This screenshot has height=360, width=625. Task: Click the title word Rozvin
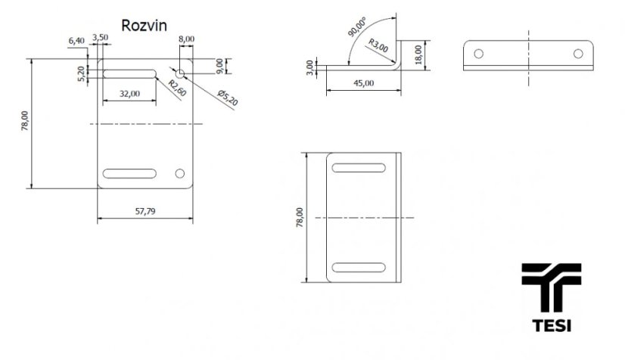click(144, 26)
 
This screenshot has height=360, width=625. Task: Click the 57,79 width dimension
click(145, 212)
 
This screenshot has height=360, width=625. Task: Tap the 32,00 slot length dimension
click(130, 94)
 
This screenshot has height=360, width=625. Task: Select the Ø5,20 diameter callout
click(228, 98)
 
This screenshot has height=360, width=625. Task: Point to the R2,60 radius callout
click(177, 88)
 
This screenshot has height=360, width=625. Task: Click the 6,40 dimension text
click(76, 41)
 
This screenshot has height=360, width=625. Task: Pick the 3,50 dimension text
click(100, 37)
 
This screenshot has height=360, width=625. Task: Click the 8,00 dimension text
click(186, 39)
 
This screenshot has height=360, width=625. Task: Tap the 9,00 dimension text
click(219, 66)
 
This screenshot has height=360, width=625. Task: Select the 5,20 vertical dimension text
click(81, 74)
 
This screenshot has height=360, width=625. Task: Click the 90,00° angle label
click(356, 27)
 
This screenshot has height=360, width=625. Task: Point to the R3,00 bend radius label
click(378, 45)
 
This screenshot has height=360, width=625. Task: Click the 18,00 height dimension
click(418, 54)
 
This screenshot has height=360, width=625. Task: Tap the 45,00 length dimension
click(363, 83)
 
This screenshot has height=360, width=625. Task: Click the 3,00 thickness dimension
click(310, 67)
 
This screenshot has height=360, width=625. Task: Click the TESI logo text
click(552, 325)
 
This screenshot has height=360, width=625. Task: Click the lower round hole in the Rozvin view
click(180, 173)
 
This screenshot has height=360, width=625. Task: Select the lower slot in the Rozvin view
click(129, 173)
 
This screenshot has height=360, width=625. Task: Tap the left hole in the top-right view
click(479, 54)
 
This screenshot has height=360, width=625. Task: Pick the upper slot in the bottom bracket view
click(359, 168)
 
